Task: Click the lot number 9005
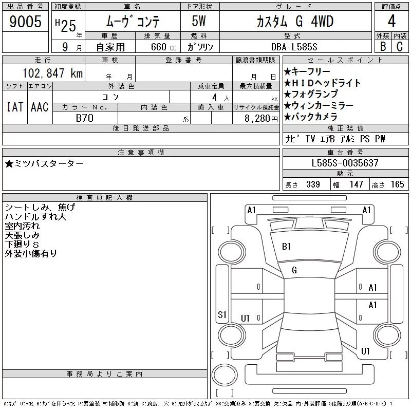(x=25, y=21)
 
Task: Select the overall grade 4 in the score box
(x=391, y=21)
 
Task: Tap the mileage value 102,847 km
(x=53, y=73)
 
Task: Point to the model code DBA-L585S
(x=294, y=47)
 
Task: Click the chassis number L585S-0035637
(x=345, y=163)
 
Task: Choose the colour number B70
(x=85, y=118)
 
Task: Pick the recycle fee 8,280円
(x=261, y=119)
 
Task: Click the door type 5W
(x=199, y=21)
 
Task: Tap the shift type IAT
(x=15, y=107)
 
